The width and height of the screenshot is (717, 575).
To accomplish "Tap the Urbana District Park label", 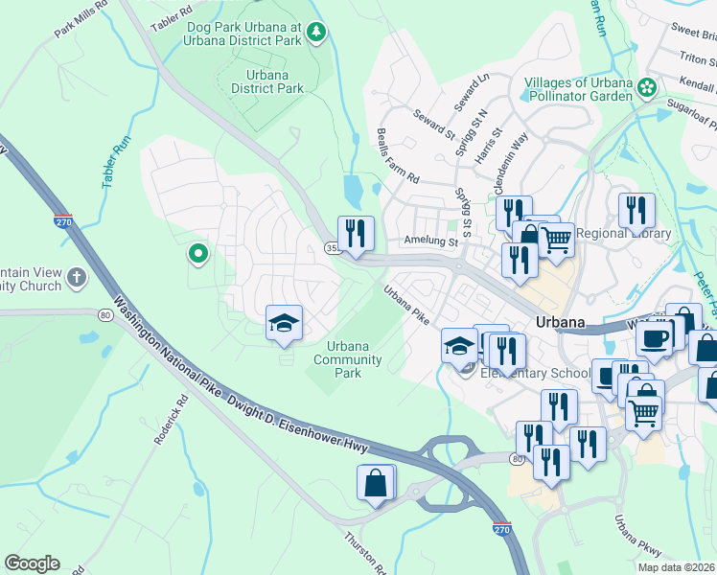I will [x=267, y=81].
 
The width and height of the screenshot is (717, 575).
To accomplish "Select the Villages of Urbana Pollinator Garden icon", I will [x=648, y=88].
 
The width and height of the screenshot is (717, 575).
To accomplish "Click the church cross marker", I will [x=75, y=279].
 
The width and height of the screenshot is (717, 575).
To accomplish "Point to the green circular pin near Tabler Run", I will [x=198, y=254].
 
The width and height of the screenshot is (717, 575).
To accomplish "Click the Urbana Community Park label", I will [x=354, y=359].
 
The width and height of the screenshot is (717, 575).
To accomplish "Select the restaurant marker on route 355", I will [x=355, y=234].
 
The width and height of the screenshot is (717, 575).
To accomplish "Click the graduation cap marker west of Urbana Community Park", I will [x=284, y=323].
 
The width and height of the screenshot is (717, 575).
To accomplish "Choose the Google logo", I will [x=32, y=563].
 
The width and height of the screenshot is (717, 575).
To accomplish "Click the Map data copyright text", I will [x=676, y=566].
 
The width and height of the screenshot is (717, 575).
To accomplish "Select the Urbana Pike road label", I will [x=406, y=305].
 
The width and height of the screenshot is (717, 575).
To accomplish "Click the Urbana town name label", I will [x=561, y=322].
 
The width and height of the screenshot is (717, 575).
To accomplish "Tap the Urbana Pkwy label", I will [x=637, y=537].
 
